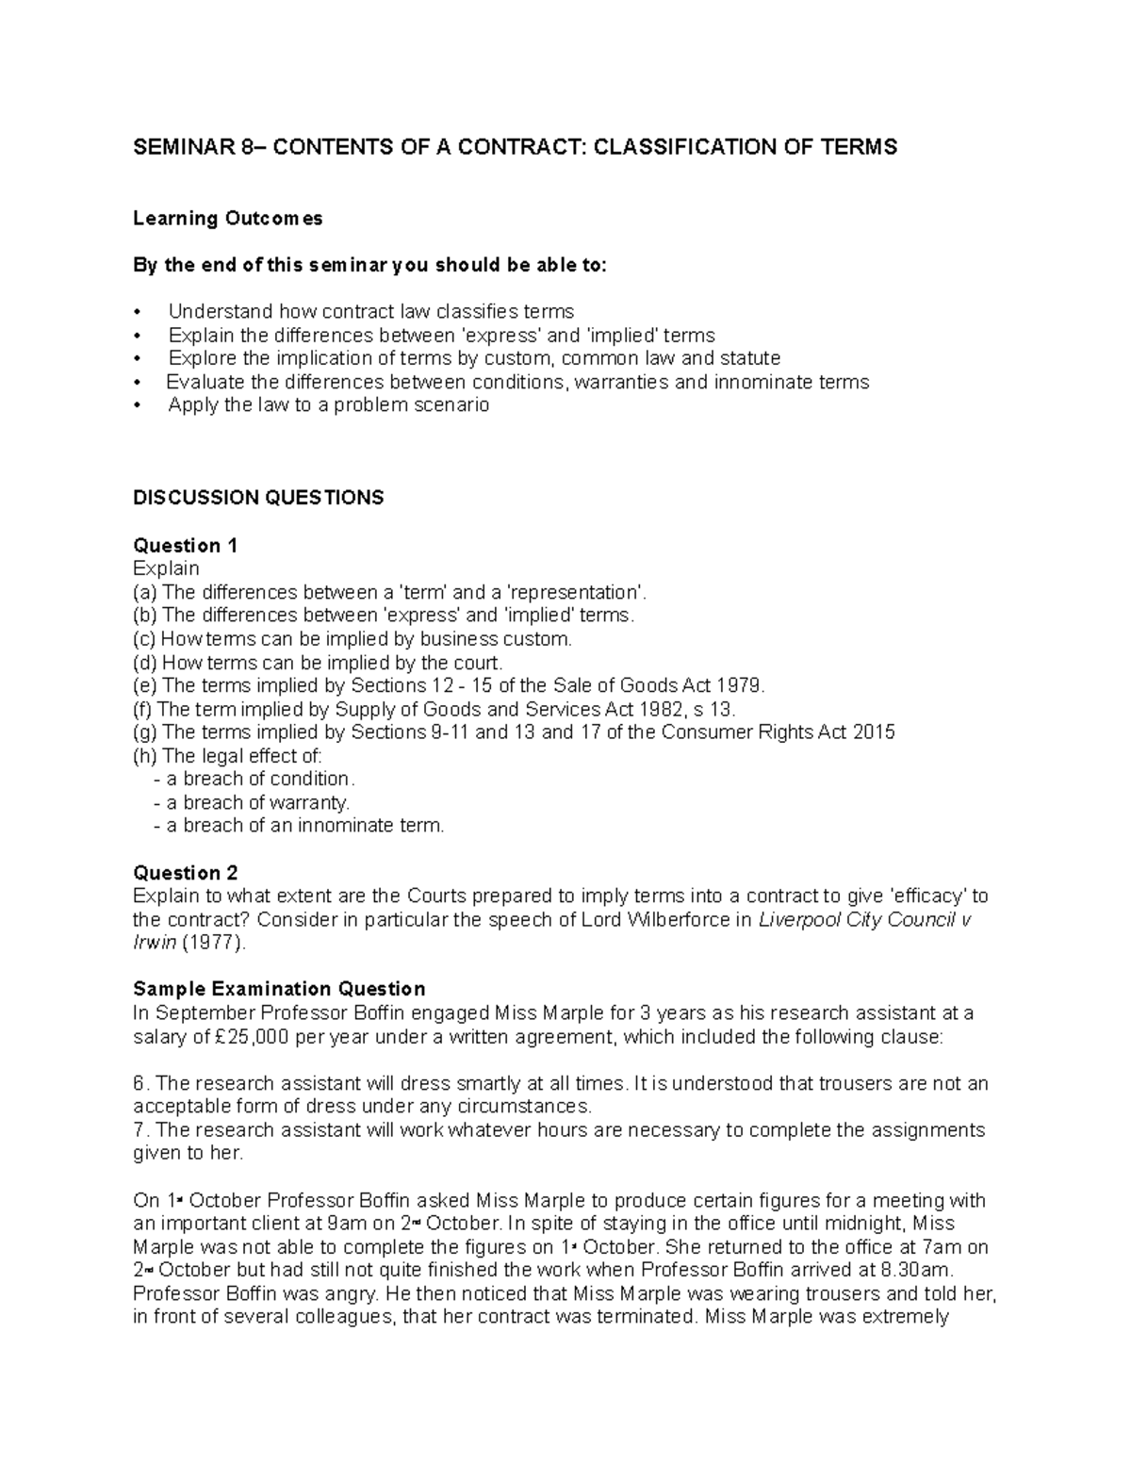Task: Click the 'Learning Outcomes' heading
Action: [x=227, y=219]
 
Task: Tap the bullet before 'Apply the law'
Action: [x=138, y=406]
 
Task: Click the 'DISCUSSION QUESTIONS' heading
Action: [x=258, y=498]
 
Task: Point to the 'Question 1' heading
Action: [x=185, y=546]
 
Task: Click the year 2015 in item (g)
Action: [x=873, y=732]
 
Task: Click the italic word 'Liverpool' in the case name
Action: [x=798, y=920]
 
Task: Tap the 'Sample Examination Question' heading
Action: [x=279, y=989]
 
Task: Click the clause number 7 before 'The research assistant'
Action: [x=139, y=1130]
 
